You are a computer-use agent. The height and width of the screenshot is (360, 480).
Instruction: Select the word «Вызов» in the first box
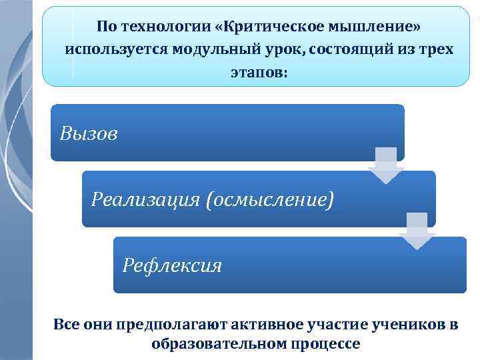[89, 134]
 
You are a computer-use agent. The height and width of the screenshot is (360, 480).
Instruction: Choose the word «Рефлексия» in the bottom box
[173, 266]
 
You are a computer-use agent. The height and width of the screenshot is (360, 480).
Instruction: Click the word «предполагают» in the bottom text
[170, 325]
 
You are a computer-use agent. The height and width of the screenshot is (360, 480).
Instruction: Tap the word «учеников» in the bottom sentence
[408, 325]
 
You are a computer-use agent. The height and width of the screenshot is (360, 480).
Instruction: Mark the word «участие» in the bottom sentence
[337, 325]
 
